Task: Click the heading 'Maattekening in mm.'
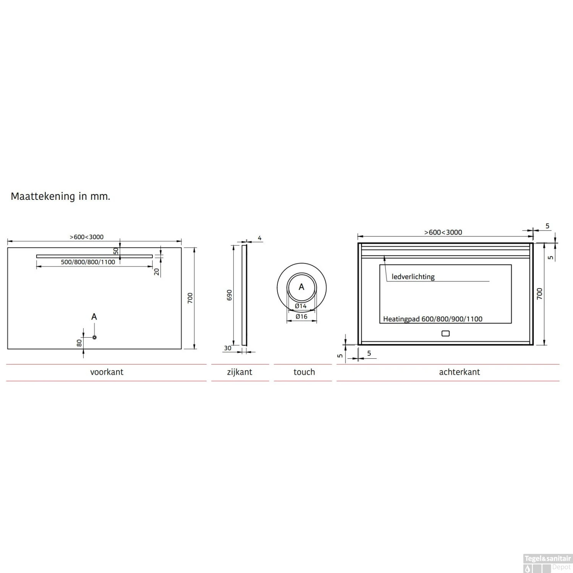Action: pos(60,196)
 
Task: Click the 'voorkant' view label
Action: pos(107,372)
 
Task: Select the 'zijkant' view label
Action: pos(240,372)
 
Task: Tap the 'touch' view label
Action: pos(304,372)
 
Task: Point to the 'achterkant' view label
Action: pos(459,372)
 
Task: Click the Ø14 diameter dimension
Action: pos(301,306)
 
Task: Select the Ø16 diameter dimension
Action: pos(301,316)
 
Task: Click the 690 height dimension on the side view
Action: pos(229,295)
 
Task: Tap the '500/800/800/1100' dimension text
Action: pos(88,262)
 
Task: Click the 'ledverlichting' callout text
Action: pos(413,277)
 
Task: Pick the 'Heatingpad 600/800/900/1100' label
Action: pos(432,319)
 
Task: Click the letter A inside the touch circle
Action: pos(301,287)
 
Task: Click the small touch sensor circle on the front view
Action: pos(94,337)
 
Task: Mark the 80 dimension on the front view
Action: pos(79,343)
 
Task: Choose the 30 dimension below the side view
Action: pos(228,348)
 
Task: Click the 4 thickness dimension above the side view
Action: pos(260,238)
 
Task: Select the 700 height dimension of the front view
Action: pos(190,298)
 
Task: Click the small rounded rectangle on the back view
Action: pos(445,333)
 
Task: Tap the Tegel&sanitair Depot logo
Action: pos(547,563)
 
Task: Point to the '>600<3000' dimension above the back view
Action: pos(443,232)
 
